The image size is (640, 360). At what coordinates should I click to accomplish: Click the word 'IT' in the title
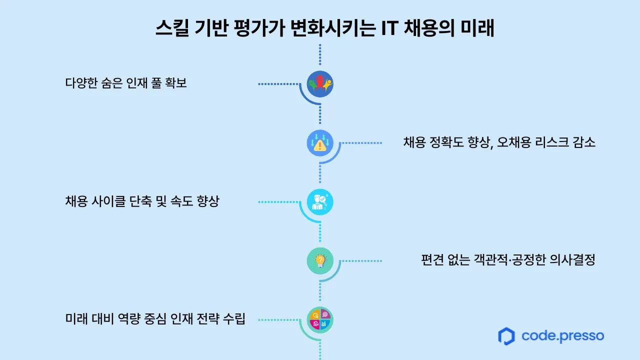(391, 28)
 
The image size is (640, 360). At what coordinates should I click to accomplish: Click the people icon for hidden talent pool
(320, 84)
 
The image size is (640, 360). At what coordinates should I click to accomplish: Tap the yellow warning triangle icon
(320, 143)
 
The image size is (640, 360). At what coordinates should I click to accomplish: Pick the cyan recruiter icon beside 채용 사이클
(320, 202)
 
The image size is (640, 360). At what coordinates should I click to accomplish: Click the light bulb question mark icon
(320, 260)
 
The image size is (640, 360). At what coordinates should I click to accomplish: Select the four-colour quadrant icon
(320, 319)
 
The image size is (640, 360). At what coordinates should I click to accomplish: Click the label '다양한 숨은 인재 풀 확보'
(126, 83)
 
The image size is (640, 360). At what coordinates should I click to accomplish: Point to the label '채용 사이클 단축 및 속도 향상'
(142, 201)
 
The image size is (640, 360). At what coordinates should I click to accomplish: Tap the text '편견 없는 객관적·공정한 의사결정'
(508, 260)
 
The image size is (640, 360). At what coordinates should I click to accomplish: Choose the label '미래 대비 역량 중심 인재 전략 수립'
(155, 319)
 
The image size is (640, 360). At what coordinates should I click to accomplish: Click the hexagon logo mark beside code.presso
(506, 336)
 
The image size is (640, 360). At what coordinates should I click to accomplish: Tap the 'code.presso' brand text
(562, 335)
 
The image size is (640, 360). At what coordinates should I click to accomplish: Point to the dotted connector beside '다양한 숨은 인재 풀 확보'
(278, 84)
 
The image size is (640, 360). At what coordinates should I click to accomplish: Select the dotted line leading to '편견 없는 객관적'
(361, 260)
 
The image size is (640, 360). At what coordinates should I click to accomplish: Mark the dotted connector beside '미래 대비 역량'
(278, 319)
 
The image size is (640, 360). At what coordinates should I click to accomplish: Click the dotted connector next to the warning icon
(361, 143)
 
